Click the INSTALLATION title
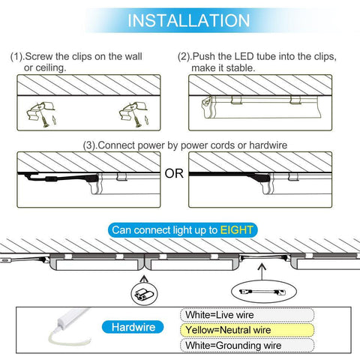[180, 19]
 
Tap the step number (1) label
[17, 57]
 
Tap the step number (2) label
[184, 57]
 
